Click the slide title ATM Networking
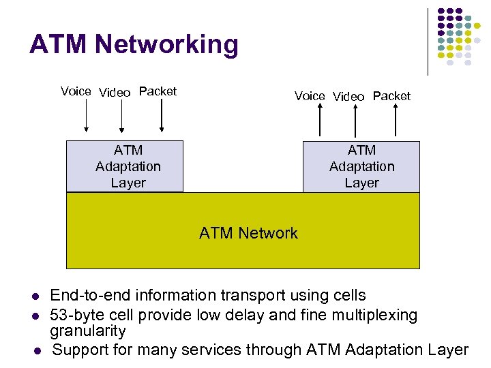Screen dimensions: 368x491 click(134, 45)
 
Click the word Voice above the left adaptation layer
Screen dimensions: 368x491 click(76, 91)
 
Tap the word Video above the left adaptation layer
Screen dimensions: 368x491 click(115, 92)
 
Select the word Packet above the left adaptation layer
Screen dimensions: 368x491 click(158, 91)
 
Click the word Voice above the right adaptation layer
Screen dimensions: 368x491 click(310, 96)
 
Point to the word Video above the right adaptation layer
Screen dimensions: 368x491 click(348, 97)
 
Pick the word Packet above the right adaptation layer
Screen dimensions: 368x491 click(391, 96)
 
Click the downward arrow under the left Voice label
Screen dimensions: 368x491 click(87, 117)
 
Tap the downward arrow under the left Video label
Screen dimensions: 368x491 click(121, 117)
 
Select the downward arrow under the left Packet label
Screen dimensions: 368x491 click(162, 117)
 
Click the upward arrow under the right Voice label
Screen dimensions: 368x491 click(321, 122)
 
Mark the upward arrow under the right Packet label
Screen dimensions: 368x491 click(396, 122)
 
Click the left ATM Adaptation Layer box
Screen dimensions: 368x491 click(125, 166)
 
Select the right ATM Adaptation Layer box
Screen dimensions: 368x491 click(361, 166)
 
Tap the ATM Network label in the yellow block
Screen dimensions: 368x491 click(248, 233)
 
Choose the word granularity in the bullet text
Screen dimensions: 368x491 click(88, 332)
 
